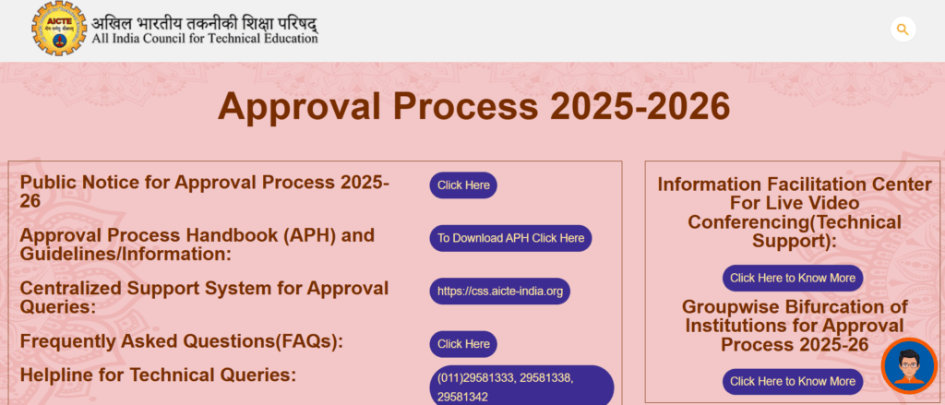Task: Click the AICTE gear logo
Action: pos(59,29)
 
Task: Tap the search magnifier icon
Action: pos(903,29)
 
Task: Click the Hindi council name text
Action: pos(205,24)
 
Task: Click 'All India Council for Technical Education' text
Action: pos(205,39)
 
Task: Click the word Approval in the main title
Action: pos(299,108)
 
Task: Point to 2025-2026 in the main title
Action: pos(640,107)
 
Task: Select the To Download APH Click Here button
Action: pos(510,238)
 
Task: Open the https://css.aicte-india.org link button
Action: pos(499,292)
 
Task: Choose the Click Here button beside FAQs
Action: pos(463,344)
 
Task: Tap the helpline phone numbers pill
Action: pos(521,386)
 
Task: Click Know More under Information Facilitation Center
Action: pos(793,278)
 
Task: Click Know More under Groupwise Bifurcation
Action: pos(793,382)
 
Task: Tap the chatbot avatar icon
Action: pos(909,366)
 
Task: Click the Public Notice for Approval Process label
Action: pos(204,192)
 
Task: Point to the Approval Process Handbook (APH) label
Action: pos(197,244)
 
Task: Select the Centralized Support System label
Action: pos(204,297)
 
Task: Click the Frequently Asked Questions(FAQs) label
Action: pos(182,341)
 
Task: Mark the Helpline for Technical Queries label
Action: pos(158,375)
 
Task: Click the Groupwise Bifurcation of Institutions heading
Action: pos(795,326)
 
